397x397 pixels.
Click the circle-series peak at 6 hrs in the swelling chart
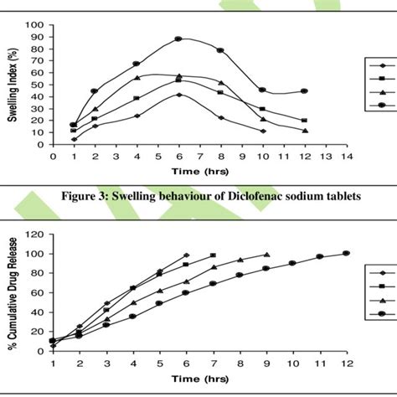[178, 39]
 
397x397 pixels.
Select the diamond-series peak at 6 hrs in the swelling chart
[178, 95]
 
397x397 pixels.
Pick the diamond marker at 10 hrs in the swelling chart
[262, 131]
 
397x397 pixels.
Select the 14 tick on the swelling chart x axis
[346, 156]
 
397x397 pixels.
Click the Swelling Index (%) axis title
[13, 84]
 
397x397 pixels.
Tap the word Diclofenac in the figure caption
[256, 197]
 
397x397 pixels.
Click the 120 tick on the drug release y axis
[36, 234]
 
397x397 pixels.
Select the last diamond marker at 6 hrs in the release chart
[186, 255]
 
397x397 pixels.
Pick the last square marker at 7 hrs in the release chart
[213, 255]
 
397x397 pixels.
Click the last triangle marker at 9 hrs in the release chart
[266, 255]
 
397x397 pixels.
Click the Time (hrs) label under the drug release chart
[199, 379]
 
